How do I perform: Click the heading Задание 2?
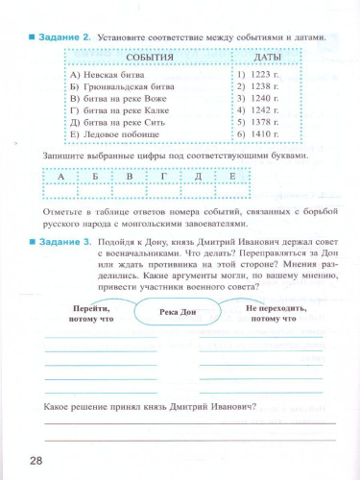[x=65, y=36]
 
